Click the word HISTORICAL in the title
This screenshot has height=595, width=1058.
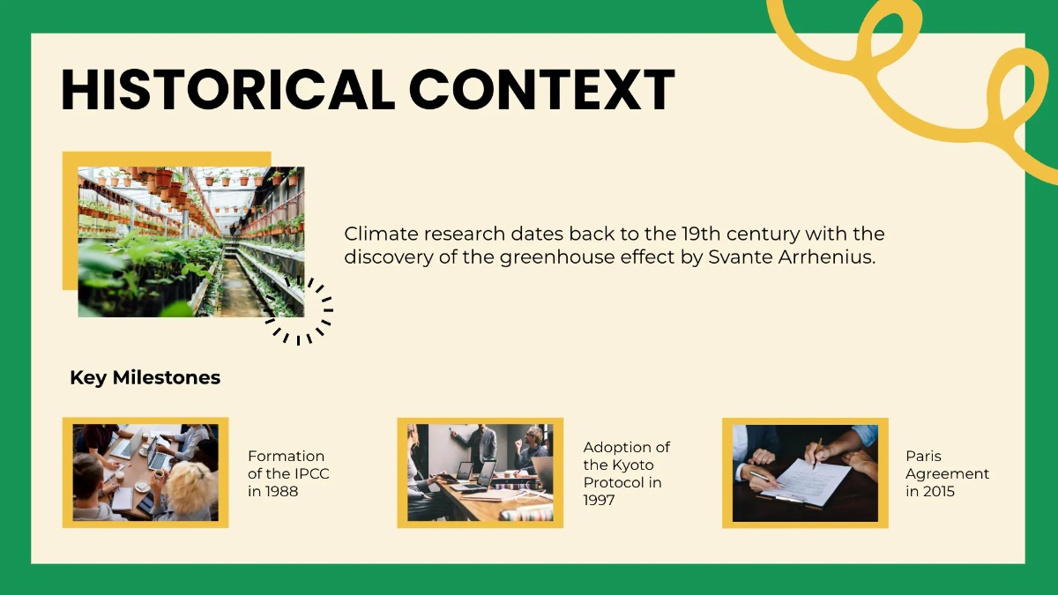(227, 89)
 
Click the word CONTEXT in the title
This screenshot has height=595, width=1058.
(541, 89)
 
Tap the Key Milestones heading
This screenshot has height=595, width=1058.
(145, 378)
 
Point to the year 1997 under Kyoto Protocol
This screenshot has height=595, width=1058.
(600, 500)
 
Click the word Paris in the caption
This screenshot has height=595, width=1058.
(923, 456)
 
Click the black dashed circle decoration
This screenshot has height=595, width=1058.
(300, 310)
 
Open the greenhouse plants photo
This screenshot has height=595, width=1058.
(190, 242)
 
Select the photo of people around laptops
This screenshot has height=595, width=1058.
(145, 472)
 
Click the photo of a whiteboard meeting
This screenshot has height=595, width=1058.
(480, 472)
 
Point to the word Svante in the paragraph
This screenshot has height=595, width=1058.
(736, 257)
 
